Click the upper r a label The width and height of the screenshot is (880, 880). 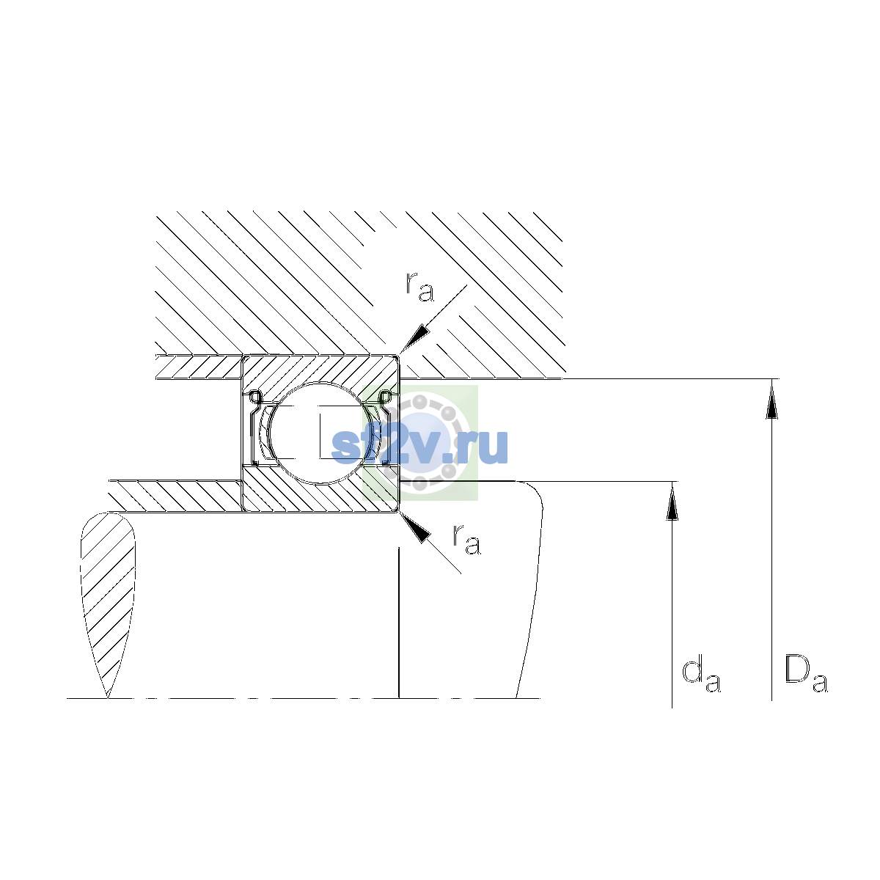[419, 287]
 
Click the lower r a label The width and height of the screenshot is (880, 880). [466, 539]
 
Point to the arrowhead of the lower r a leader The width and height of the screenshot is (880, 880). [414, 527]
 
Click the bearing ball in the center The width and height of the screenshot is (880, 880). [320, 433]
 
